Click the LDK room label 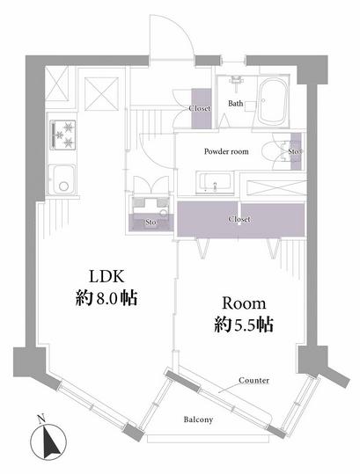[x=107, y=276]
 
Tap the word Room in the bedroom [x=244, y=303]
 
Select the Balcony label [x=198, y=419]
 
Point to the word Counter [x=253, y=380]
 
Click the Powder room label [x=226, y=151]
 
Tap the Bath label [x=235, y=103]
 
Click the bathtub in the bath [x=273, y=103]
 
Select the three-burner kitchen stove [x=63, y=135]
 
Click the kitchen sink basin [x=62, y=180]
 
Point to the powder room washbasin [x=215, y=183]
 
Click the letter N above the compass [x=41, y=419]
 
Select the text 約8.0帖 [x=107, y=299]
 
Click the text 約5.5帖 [x=244, y=325]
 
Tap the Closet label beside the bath [x=200, y=108]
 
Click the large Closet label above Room [x=239, y=219]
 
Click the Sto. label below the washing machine [x=151, y=222]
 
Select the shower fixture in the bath [x=236, y=81]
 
